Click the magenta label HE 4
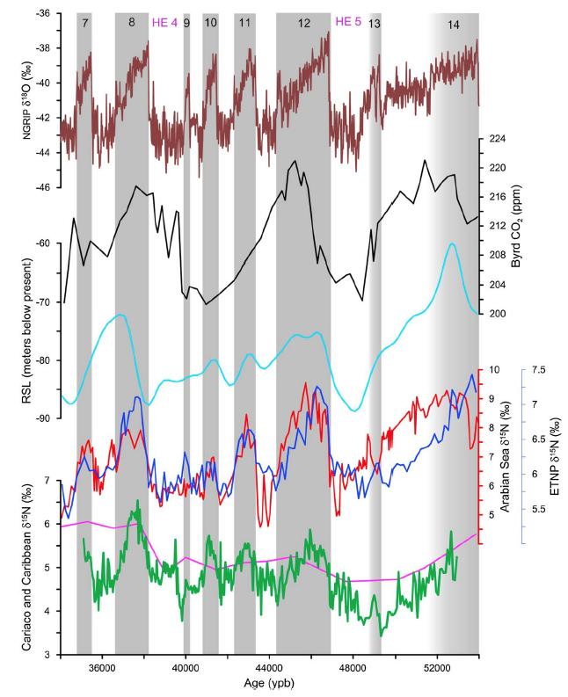165,21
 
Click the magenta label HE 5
349,21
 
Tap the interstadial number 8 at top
131,21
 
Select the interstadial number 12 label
303,21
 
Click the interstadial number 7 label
84,21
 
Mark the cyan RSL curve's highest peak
451,243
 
